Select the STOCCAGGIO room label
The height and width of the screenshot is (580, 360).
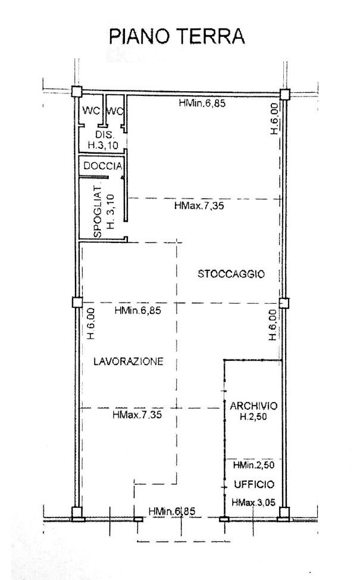coord(231,274)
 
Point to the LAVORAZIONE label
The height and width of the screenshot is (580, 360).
coord(129,361)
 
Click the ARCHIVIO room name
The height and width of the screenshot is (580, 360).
coord(253,406)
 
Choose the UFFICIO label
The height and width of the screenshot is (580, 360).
coord(254,484)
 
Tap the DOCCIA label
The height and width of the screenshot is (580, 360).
coord(103,167)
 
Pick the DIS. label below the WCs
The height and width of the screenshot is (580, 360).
coord(104,135)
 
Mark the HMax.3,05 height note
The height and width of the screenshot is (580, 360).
coord(253,503)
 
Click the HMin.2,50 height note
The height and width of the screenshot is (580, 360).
coord(254,465)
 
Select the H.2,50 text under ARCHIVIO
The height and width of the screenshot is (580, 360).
coord(253,417)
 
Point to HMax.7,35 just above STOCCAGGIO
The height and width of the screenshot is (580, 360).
coord(199,205)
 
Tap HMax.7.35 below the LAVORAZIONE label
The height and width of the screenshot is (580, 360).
coord(137,414)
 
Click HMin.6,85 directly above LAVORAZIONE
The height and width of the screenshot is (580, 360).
coord(138,310)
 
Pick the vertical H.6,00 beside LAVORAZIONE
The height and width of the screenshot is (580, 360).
coord(91,324)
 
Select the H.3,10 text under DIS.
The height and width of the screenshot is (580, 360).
coord(103,145)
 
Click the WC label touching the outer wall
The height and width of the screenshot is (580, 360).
coord(91,110)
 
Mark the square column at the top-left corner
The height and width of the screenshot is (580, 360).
coord(76,91)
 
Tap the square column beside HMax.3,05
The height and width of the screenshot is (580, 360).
coord(284,512)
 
